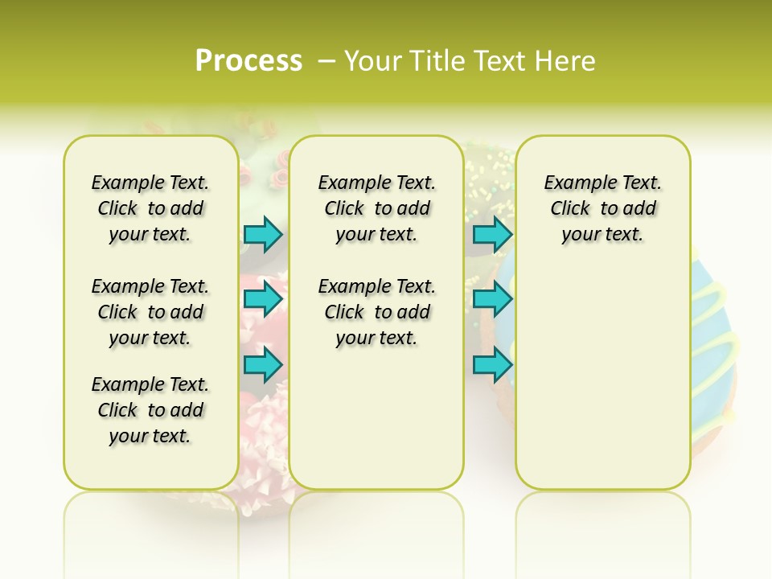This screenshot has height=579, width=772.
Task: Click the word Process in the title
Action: point(248,61)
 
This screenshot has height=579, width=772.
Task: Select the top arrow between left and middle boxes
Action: point(263,235)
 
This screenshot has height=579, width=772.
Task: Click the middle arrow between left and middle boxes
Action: point(263,299)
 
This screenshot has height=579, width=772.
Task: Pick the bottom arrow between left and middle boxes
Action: point(263,364)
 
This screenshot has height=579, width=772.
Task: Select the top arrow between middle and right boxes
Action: point(492,235)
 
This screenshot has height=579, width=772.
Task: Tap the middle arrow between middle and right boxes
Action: point(492,299)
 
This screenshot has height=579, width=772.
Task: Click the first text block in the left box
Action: point(150,208)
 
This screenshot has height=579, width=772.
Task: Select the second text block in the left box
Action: point(150,312)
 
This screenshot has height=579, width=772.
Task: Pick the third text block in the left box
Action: point(150,410)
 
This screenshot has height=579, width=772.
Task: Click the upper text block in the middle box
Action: point(377,208)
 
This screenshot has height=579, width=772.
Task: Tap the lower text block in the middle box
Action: point(377,312)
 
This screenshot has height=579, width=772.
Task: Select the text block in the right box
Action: point(603,208)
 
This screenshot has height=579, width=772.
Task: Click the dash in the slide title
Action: point(327,61)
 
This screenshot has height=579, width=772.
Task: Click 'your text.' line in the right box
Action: point(603,235)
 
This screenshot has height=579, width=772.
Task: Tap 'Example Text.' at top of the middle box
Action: point(377,183)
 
